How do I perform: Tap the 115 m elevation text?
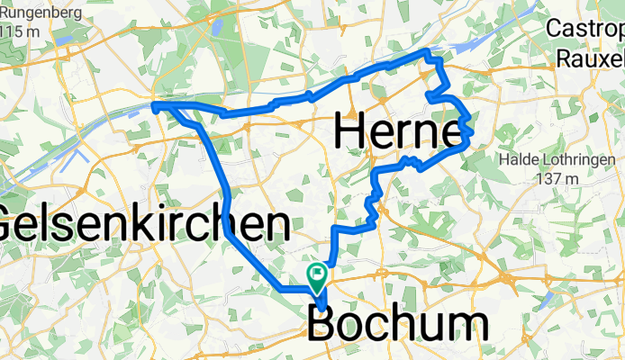point(20,32)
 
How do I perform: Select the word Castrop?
point(585,29)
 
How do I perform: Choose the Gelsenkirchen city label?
point(144,223)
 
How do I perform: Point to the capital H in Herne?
point(351,132)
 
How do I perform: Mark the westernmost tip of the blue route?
point(154,106)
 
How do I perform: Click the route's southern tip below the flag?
point(322,310)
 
